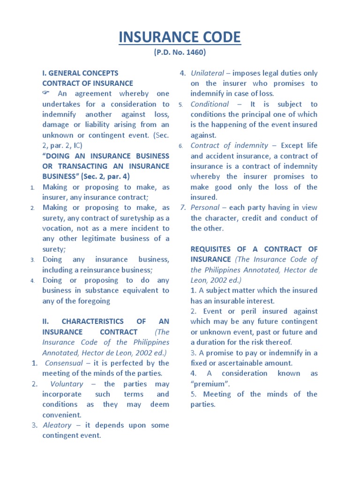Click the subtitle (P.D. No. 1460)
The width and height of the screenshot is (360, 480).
180,52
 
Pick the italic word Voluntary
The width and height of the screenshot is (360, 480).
67,384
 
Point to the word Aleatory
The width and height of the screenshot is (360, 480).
57,425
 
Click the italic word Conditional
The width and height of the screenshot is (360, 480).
210,104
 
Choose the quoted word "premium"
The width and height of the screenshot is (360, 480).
207,384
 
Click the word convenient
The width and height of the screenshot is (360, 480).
62,415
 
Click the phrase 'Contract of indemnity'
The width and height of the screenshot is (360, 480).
230,146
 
